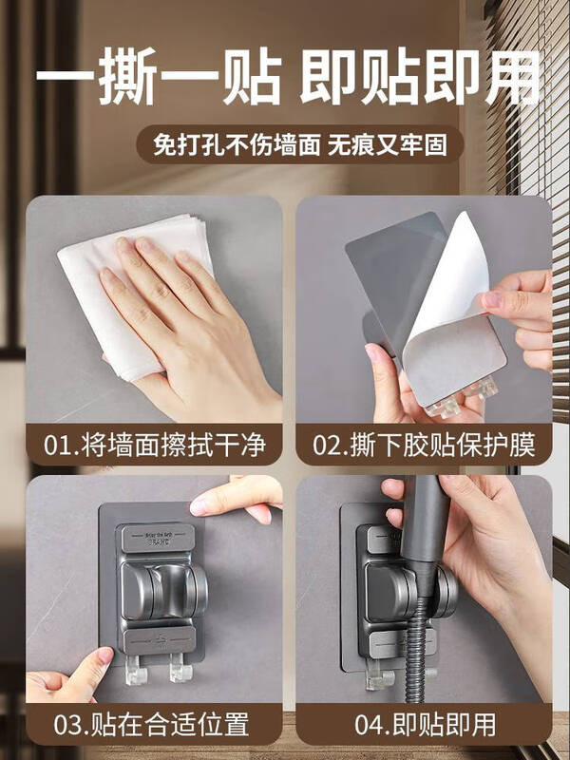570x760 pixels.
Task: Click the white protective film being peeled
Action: click(456, 304)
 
